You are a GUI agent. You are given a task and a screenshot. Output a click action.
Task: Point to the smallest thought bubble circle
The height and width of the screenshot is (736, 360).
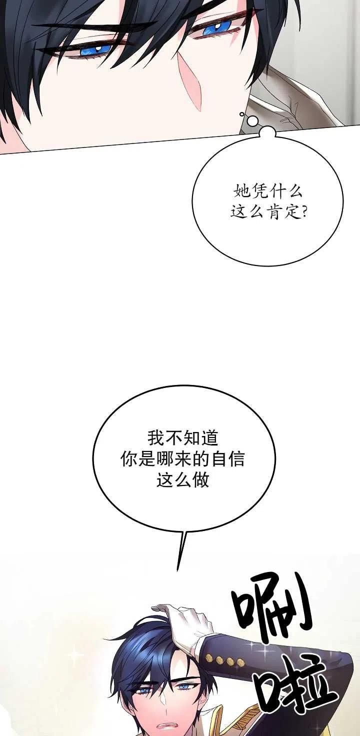click(242, 114)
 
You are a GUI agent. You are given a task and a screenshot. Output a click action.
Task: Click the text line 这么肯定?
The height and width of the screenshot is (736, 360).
click(268, 212)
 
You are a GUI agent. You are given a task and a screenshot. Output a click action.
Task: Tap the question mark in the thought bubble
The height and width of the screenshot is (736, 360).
click(302, 212)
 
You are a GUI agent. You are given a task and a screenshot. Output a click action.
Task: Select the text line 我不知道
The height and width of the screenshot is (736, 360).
click(182, 438)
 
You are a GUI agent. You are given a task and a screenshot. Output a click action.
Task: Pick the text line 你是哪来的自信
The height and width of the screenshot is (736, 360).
click(182, 459)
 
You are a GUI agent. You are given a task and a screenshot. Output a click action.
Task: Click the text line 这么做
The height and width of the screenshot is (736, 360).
click(182, 480)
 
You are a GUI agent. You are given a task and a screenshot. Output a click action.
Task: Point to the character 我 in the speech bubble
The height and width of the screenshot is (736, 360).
click(155, 438)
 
